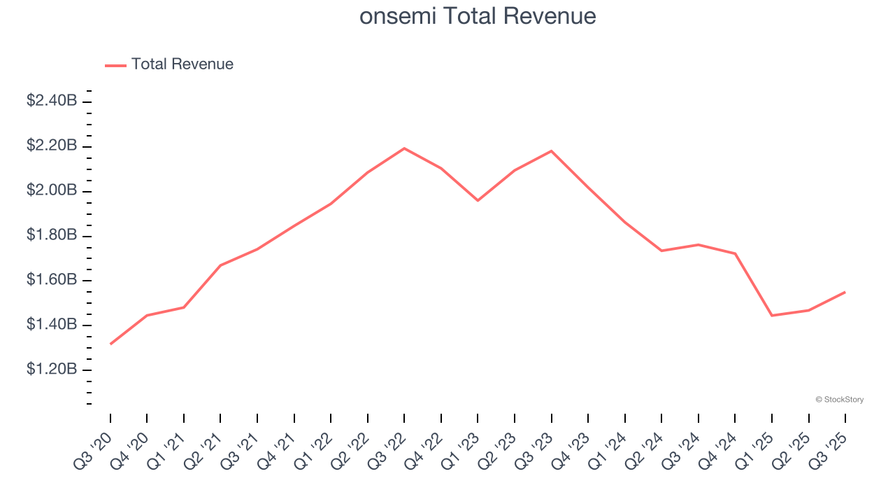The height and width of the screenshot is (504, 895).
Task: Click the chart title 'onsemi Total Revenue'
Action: click(478, 16)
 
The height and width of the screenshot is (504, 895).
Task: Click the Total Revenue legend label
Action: click(182, 64)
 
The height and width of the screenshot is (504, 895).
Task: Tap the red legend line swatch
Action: click(115, 65)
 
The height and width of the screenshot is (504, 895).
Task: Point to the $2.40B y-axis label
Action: click(52, 101)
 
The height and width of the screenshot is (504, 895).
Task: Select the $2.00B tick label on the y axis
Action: click(52, 190)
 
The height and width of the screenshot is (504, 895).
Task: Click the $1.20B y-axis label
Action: click(52, 370)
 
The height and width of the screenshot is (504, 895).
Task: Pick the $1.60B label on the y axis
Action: click(52, 280)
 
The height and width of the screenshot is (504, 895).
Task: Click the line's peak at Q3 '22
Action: click(404, 148)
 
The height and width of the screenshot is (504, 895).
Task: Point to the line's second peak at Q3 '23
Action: click(551, 151)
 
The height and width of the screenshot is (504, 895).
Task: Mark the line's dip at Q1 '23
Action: click(478, 201)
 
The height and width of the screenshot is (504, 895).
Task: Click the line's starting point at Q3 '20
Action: click(110, 344)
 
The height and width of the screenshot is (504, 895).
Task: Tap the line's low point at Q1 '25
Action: click(771, 316)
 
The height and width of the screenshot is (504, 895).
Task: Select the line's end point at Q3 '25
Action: click(845, 292)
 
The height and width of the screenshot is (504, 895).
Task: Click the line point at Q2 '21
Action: click(220, 265)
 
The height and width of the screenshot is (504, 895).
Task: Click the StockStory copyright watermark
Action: click(839, 400)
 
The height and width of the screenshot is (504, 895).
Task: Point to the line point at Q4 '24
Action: click(735, 253)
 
